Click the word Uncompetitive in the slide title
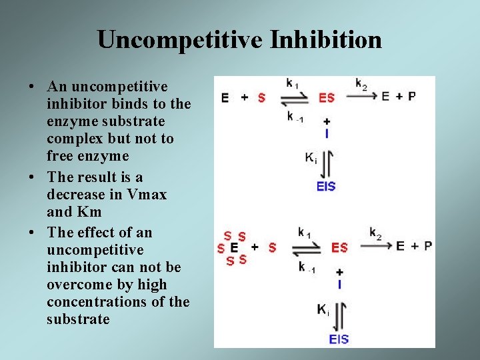coord(179,39)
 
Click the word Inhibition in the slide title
coord(326,39)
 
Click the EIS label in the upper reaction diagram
coord(326,186)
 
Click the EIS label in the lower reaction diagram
coord(339,339)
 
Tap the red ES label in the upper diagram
coord(327,97)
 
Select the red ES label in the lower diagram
coord(339,247)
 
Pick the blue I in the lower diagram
coord(339,285)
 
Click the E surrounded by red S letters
coord(234,247)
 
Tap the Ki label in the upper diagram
coord(311,159)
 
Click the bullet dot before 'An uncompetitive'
coord(33,87)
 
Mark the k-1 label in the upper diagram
coord(294,117)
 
